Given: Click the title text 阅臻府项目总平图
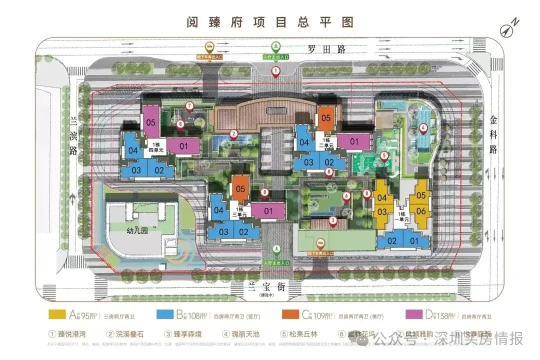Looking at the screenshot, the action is pyautogui.click(x=270, y=22).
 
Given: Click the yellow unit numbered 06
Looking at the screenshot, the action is pyautogui.click(x=420, y=211).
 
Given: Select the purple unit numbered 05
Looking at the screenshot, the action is pyautogui.click(x=152, y=120).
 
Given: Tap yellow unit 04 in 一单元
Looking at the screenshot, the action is pyautogui.click(x=382, y=198).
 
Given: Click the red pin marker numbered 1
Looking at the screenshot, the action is pyautogui.click(x=275, y=71).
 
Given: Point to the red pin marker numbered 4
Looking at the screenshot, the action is pyautogui.click(x=423, y=128).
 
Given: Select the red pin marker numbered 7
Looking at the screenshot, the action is pyautogui.click(x=189, y=106).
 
